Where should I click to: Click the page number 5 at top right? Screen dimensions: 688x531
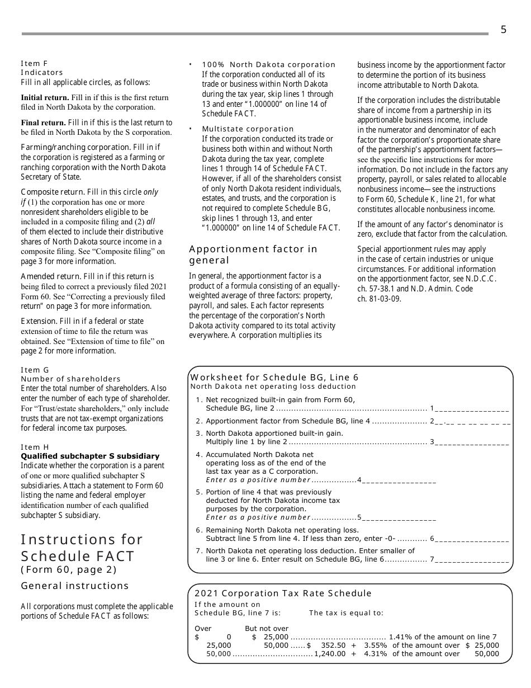pos(503,30)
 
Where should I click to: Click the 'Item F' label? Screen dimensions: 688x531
pos(34,63)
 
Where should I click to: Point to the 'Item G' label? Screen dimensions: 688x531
pos(35,370)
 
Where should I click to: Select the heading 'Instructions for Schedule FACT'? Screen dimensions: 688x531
pos(82,548)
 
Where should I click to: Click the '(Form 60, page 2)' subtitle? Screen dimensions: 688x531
pos(69,569)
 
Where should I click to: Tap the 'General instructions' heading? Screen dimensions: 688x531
pos(75,586)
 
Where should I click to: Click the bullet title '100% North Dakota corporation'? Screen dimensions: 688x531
pos(268,64)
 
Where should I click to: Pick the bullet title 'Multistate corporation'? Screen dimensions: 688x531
pos(248,129)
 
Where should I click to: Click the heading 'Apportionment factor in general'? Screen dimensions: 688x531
pos(253,255)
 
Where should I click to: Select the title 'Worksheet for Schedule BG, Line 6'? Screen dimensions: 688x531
pos(274,378)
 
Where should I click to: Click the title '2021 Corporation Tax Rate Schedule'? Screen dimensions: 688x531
pos(283,593)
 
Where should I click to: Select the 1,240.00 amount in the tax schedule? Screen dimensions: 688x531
pos(330,653)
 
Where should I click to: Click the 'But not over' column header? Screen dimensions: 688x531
pos(267,628)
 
